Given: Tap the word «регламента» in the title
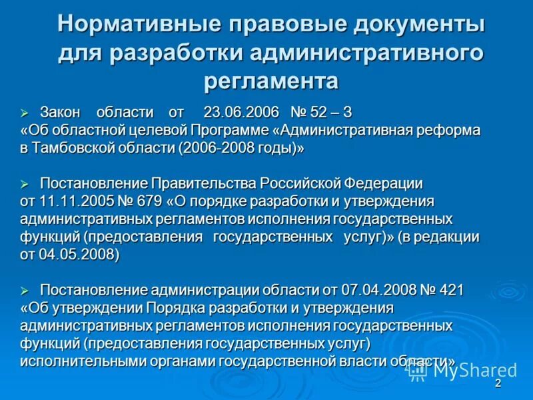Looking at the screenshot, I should (x=270, y=81).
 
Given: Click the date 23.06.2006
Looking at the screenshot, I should (x=241, y=111).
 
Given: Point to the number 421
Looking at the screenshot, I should (x=451, y=290).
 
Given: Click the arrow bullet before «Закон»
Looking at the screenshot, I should (x=25, y=112).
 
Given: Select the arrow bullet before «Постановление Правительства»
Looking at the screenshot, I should (x=25, y=184).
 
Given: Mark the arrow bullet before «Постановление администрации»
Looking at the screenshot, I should (x=25, y=291).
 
